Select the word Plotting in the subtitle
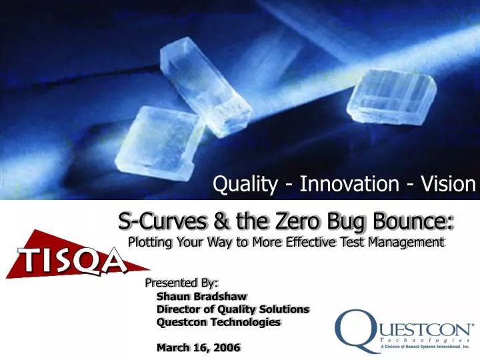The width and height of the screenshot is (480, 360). [x=151, y=241]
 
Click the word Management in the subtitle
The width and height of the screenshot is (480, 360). [x=405, y=241]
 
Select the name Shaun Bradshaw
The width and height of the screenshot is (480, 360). [x=202, y=296]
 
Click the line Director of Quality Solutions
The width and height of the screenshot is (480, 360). [x=233, y=309]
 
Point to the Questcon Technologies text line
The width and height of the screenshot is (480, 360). [x=219, y=322]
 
